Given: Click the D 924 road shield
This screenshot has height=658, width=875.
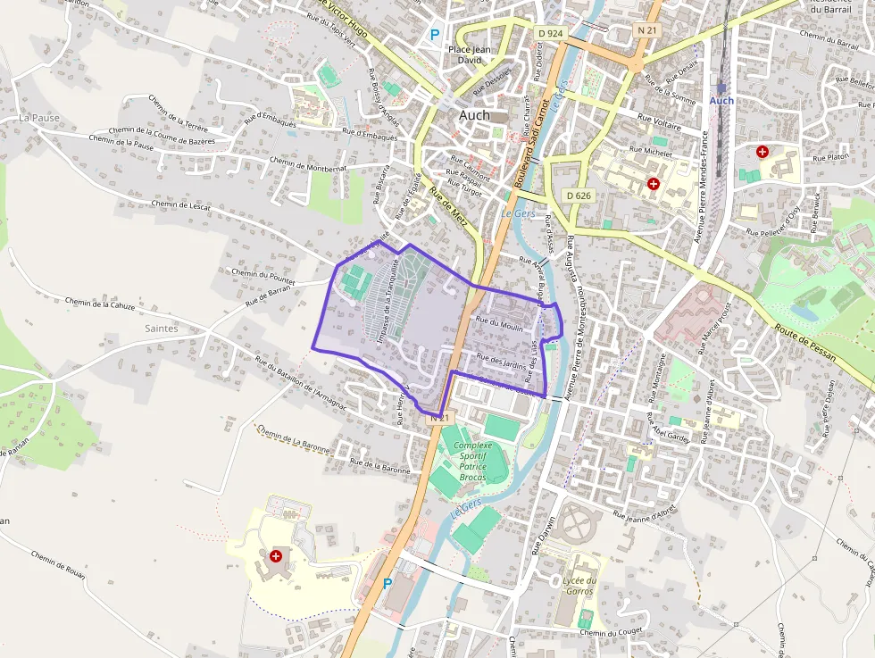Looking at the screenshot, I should [x=551, y=33].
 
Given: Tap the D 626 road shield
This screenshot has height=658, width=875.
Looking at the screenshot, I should [x=579, y=195].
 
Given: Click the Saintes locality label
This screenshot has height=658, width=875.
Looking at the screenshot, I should [x=160, y=329].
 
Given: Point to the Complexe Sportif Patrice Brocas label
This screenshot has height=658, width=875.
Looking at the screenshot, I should [x=472, y=461].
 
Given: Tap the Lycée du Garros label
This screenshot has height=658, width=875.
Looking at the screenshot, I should [x=579, y=586].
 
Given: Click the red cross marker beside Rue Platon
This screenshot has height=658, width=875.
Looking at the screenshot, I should [x=762, y=152].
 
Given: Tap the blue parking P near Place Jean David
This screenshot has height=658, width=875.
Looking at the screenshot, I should [x=435, y=35].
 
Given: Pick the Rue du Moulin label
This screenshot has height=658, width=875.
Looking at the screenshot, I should [x=500, y=326].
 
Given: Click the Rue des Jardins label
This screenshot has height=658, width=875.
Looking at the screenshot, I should [x=502, y=362].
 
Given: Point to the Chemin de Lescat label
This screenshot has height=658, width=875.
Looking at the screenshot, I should [x=181, y=204].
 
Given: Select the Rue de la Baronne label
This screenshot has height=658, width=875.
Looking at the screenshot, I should [x=379, y=465].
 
